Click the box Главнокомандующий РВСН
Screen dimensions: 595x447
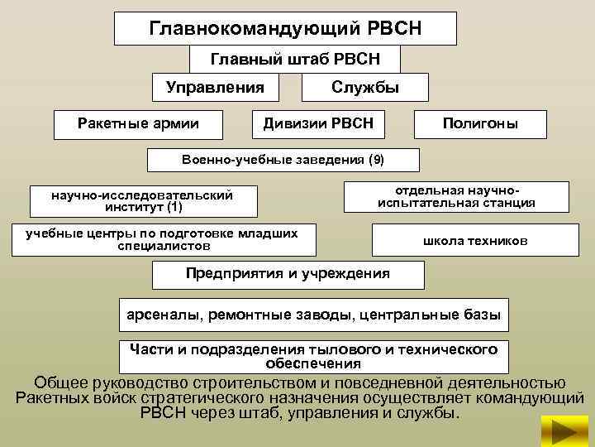(x=285, y=29)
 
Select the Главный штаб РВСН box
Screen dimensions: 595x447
(x=295, y=59)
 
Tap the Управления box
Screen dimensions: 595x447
(x=215, y=87)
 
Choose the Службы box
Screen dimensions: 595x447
(x=365, y=87)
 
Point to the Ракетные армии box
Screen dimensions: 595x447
(x=138, y=124)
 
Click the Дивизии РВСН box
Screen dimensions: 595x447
(x=318, y=124)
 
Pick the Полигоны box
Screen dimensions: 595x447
(x=480, y=124)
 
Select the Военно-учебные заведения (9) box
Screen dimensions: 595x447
(x=283, y=159)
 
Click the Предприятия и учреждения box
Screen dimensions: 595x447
(x=288, y=274)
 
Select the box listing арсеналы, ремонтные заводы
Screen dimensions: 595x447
(x=314, y=315)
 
